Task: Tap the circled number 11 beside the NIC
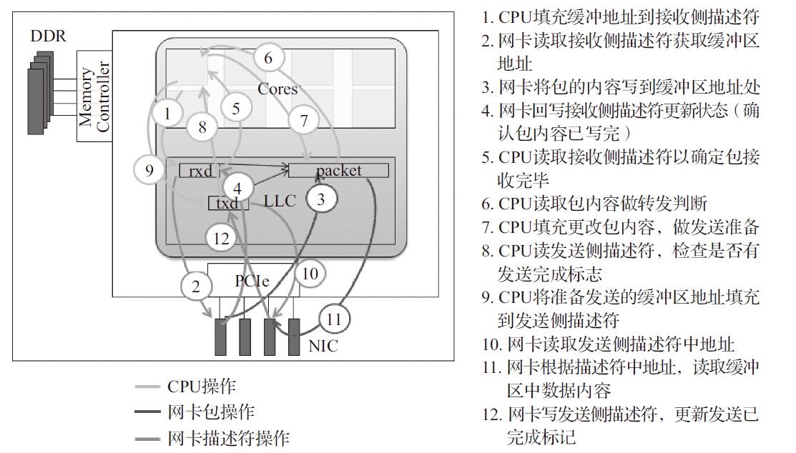pyautogui.click(x=333, y=319)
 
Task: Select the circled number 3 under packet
pyautogui.click(x=320, y=199)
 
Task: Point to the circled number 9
pyautogui.click(x=149, y=170)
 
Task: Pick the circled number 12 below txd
pyautogui.click(x=222, y=238)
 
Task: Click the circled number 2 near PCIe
pyautogui.click(x=195, y=287)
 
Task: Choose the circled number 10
pyautogui.click(x=309, y=273)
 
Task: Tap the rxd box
pyautogui.click(x=200, y=171)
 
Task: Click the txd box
pyautogui.click(x=227, y=203)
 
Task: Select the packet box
pyautogui.click(x=338, y=170)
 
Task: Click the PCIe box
pyautogui.click(x=252, y=280)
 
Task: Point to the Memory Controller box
pyautogui.click(x=94, y=96)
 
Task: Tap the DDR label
pyautogui.click(x=48, y=36)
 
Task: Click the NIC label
pyautogui.click(x=323, y=347)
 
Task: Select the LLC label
pyautogui.click(x=279, y=201)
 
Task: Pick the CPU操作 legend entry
pyautogui.click(x=201, y=387)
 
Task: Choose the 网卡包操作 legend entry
pyautogui.click(x=210, y=412)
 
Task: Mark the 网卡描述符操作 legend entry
pyautogui.click(x=228, y=437)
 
